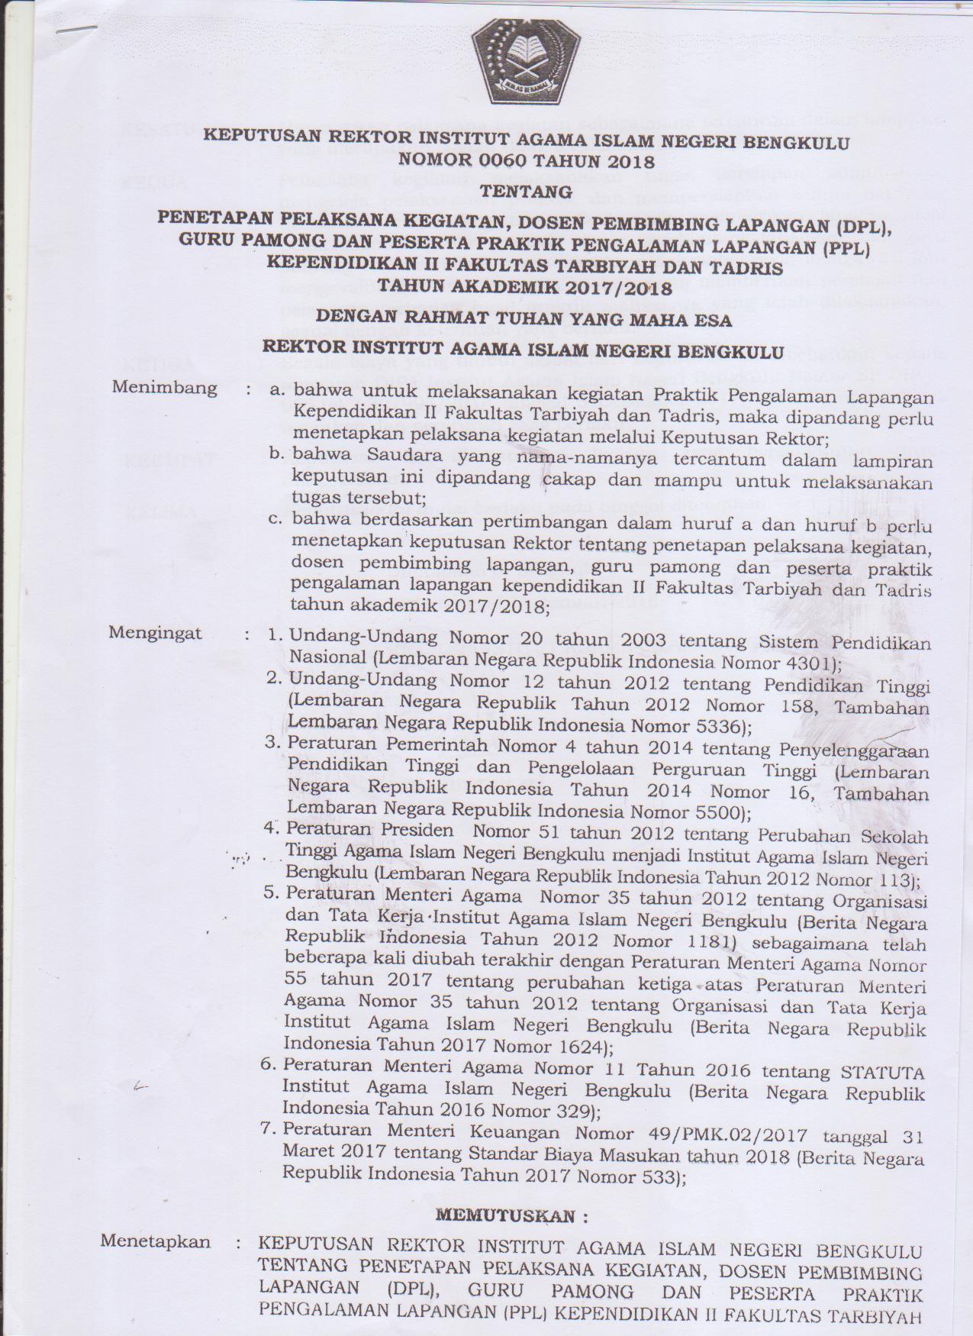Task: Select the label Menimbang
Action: (x=164, y=388)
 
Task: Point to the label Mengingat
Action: (x=155, y=633)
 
